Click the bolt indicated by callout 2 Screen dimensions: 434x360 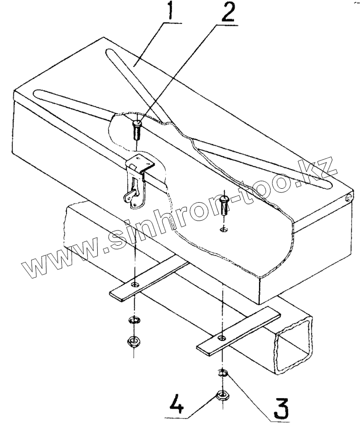pyautogui.click(x=136, y=128)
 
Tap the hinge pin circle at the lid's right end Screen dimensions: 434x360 pyautogui.click(x=349, y=197)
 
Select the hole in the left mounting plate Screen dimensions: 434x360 pyautogui.click(x=136, y=285)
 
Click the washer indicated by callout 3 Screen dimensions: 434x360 pyautogui.click(x=223, y=372)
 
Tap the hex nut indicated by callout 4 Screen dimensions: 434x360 pyautogui.click(x=222, y=396)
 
